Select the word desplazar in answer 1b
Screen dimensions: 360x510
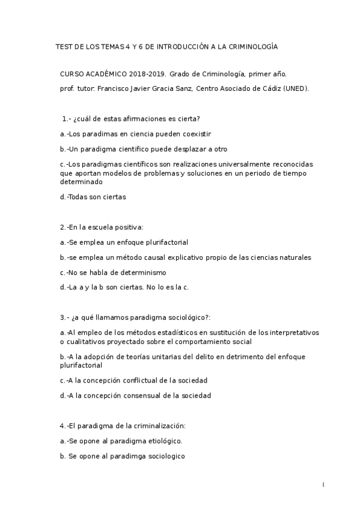(178, 149)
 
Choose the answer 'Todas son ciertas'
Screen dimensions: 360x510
(96, 196)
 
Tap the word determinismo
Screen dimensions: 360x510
(124, 272)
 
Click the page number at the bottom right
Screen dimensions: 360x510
(323, 484)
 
